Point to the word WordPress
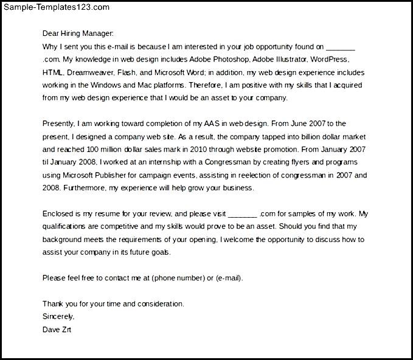(x=329, y=60)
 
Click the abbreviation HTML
(x=52, y=72)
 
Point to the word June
(x=311, y=123)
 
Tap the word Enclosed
(x=60, y=214)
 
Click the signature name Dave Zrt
(x=58, y=330)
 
